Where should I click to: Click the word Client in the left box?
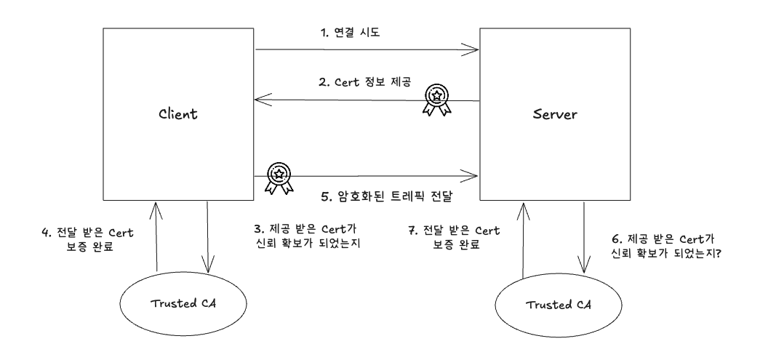pos(178,115)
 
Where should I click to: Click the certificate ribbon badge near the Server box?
pos(436,97)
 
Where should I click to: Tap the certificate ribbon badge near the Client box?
pos(278,177)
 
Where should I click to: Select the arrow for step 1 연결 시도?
pos(367,51)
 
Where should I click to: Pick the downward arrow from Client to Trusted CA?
pos(209,236)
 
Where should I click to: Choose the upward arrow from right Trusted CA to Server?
pos(523,240)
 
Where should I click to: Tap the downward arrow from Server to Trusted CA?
pos(584,236)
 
